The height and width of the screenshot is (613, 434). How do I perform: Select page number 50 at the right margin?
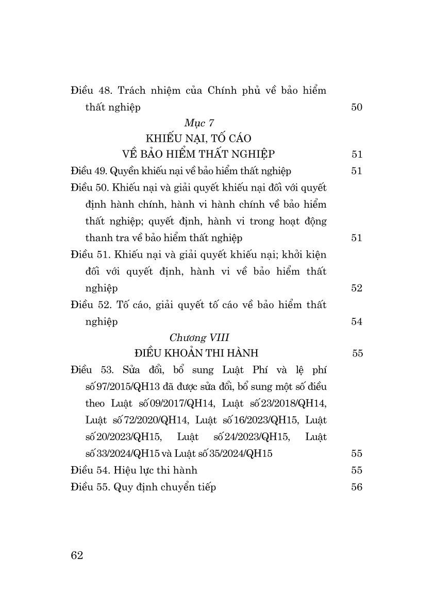(x=357, y=107)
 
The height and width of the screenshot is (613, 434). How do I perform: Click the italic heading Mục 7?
(x=198, y=123)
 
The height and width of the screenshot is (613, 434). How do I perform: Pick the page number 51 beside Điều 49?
(x=357, y=171)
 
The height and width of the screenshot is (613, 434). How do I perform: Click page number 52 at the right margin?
(x=357, y=288)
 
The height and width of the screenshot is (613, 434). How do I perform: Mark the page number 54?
(x=357, y=321)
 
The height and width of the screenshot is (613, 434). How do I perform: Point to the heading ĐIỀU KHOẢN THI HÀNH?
(x=195, y=353)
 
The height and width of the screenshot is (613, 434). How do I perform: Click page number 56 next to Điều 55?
(x=357, y=487)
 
